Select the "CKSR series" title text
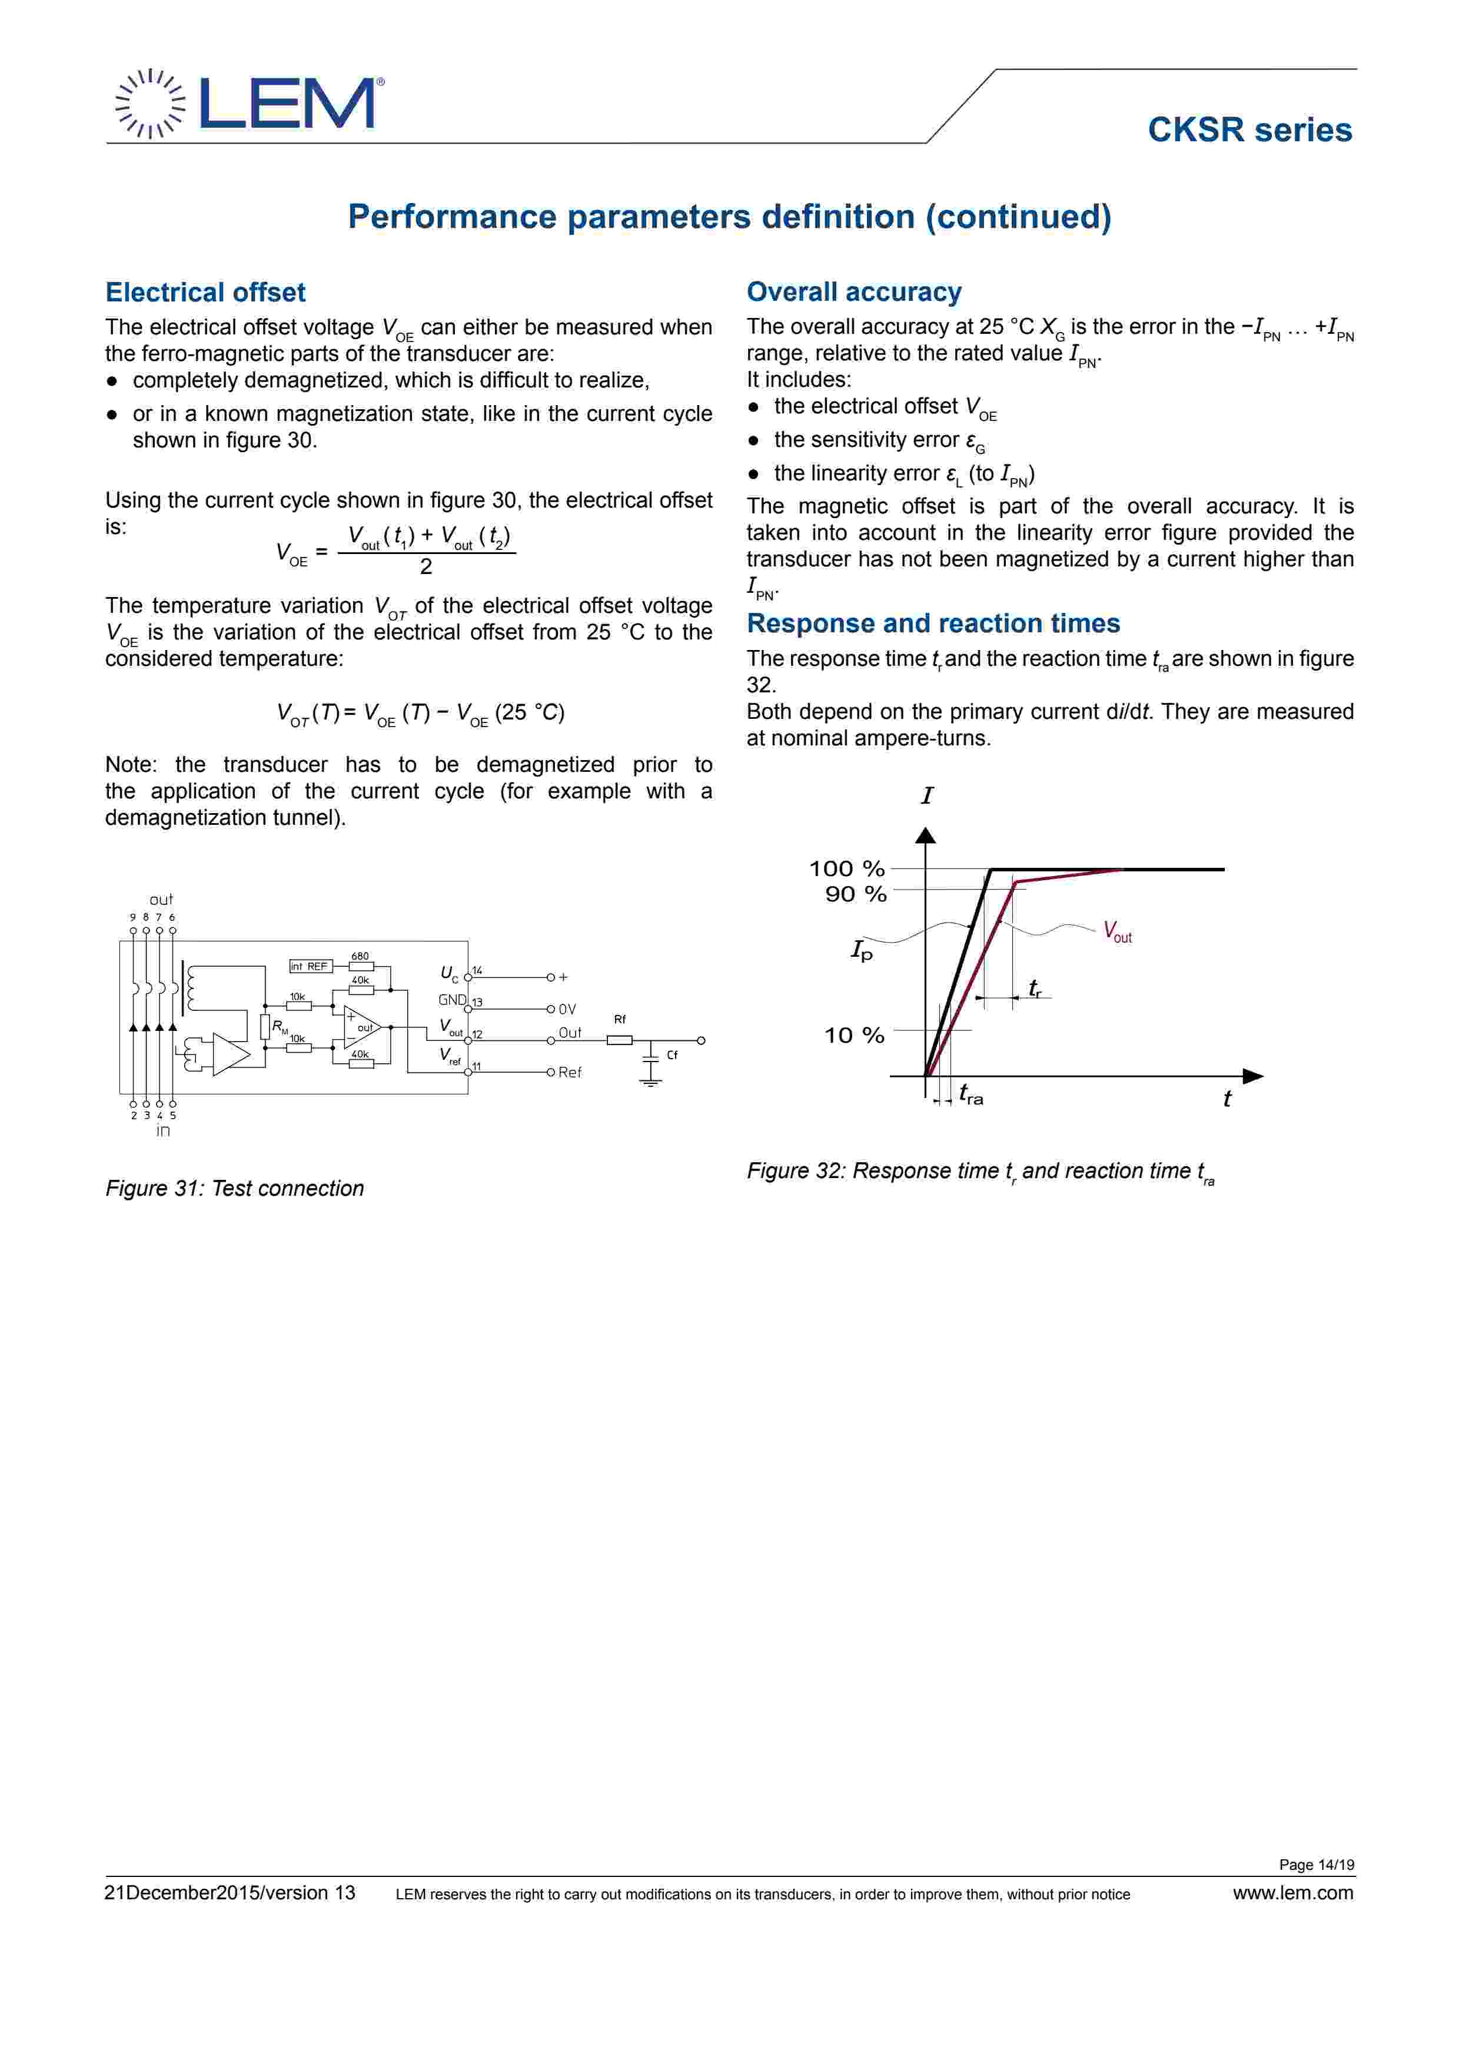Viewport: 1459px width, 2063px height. (x=1249, y=130)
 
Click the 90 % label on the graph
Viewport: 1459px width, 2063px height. (x=855, y=894)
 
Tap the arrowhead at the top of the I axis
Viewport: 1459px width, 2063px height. (x=925, y=835)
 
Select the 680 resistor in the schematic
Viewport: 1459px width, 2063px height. (x=360, y=967)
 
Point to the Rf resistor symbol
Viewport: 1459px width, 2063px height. (x=620, y=1040)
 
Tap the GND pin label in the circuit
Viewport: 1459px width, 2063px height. (x=452, y=1000)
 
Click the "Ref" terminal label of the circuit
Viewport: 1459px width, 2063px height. (x=570, y=1073)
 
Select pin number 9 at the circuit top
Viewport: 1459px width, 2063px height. (x=133, y=917)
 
